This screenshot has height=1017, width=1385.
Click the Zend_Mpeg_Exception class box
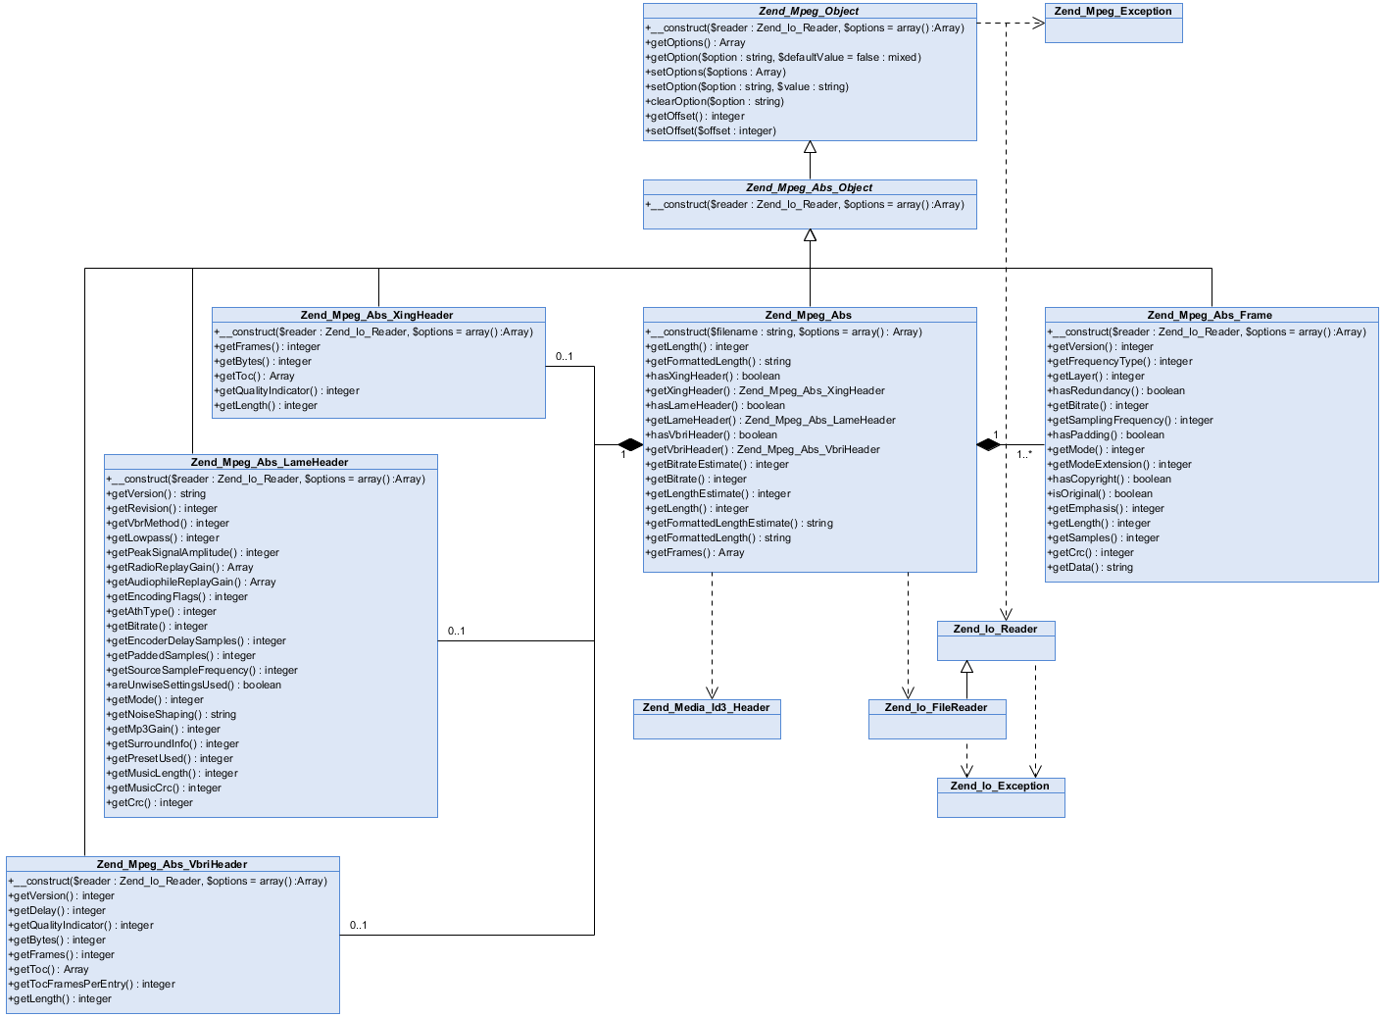point(1113,23)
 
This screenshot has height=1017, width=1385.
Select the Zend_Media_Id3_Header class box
point(707,719)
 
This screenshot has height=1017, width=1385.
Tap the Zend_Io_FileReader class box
point(937,719)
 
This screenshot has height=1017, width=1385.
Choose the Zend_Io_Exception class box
point(1001,797)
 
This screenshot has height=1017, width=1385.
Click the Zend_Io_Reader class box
point(996,640)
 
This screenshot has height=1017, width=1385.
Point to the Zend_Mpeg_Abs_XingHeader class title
point(377,315)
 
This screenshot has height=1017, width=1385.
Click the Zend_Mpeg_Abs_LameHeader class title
point(270,462)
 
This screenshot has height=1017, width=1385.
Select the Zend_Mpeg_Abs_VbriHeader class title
point(173,864)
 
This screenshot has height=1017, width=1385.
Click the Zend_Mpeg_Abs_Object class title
point(809,187)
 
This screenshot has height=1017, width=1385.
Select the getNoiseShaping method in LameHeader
point(172,714)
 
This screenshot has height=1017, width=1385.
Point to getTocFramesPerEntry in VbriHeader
point(92,984)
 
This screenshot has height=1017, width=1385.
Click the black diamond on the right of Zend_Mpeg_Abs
point(988,444)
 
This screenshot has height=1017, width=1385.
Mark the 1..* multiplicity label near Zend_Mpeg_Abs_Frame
point(1024,454)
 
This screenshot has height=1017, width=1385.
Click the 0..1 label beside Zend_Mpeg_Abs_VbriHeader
point(358,925)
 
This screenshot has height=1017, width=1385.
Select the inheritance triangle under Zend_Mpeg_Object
point(810,148)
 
